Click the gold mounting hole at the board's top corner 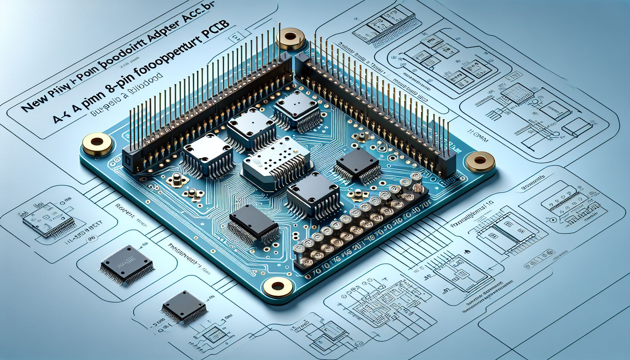[290, 37]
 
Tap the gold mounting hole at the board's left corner [97, 143]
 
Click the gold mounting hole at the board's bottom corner [278, 285]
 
